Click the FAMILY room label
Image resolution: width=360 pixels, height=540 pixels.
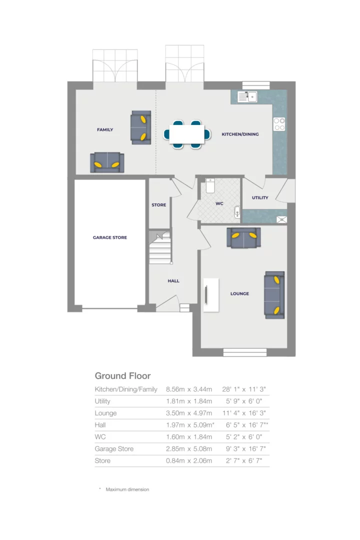click(105, 130)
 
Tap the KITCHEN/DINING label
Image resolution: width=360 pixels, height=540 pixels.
click(240, 134)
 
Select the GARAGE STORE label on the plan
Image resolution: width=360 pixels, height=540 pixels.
click(110, 237)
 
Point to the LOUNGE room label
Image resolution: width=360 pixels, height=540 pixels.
click(239, 294)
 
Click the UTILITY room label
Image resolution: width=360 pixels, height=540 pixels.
click(260, 197)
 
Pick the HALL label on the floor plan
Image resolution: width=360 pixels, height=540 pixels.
click(173, 281)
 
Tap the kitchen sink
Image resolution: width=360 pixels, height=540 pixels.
click(247, 96)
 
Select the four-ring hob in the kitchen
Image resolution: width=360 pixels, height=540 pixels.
click(279, 124)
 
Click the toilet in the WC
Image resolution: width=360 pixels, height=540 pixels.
click(210, 186)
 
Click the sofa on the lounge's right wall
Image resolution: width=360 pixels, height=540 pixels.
click(274, 294)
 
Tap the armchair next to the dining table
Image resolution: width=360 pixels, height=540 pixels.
click(140, 127)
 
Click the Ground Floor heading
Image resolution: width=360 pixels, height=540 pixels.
click(122, 376)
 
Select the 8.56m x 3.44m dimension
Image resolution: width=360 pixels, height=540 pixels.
click(189, 389)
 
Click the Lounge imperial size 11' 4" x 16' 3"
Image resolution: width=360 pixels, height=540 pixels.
click(244, 413)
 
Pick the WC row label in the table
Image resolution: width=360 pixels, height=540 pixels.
click(100, 437)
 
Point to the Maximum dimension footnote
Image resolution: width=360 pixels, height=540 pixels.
click(127, 489)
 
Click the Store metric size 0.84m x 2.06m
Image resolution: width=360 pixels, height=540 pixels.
click(189, 461)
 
